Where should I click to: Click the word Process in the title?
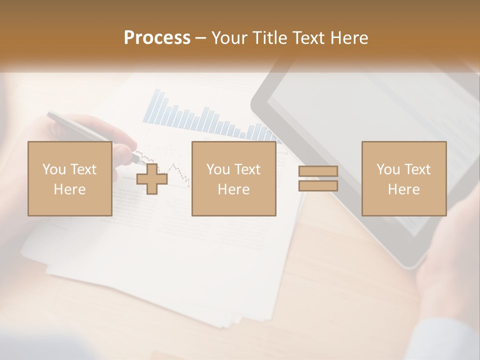pyautogui.click(x=157, y=38)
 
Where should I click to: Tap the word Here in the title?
pyautogui.click(x=348, y=38)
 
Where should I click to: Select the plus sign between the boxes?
pyautogui.click(x=152, y=179)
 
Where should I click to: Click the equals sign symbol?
pyautogui.click(x=318, y=178)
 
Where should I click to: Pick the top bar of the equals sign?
pyautogui.click(x=318, y=171)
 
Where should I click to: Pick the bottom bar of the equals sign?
pyautogui.click(x=318, y=186)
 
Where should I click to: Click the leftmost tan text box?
pyautogui.click(x=69, y=178)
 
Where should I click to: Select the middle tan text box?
pyautogui.click(x=233, y=178)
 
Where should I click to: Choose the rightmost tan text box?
pyautogui.click(x=403, y=178)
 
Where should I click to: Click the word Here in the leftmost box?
pyautogui.click(x=69, y=189)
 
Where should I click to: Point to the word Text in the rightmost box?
pyautogui.click(x=416, y=169)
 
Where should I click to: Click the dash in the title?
pyautogui.click(x=201, y=38)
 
